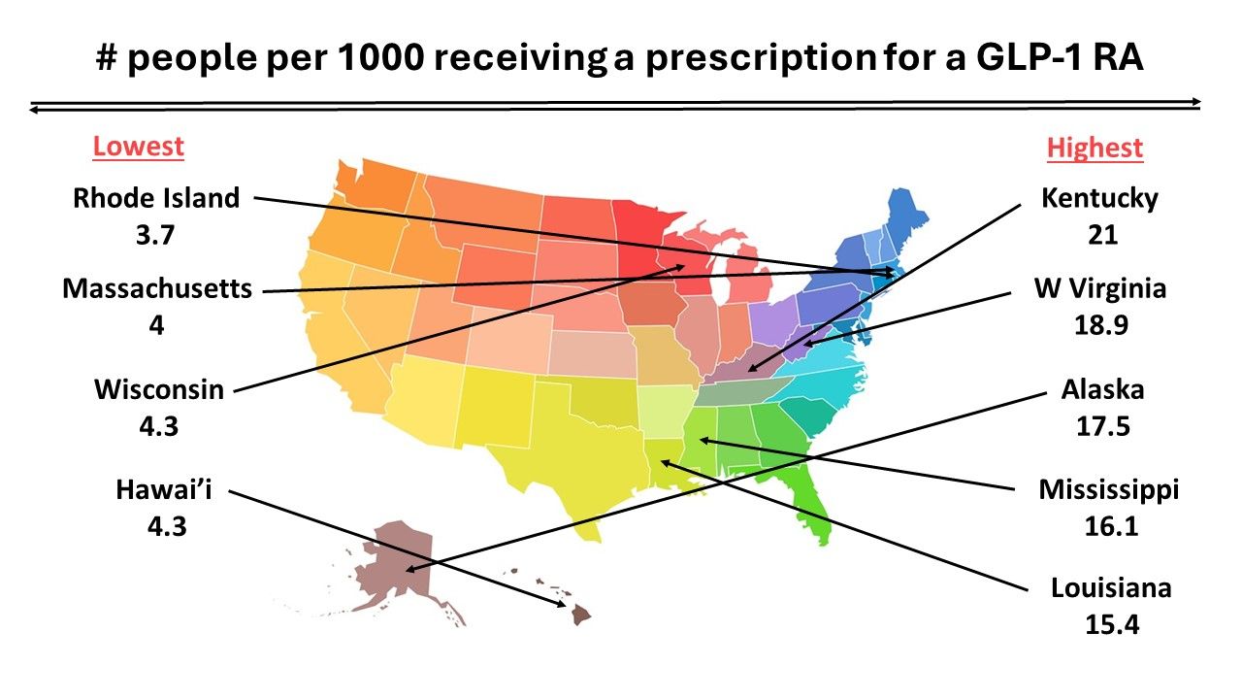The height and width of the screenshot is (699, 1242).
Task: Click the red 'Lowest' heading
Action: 138,147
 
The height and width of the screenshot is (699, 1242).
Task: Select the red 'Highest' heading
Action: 1095,148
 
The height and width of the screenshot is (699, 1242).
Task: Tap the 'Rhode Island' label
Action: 156,198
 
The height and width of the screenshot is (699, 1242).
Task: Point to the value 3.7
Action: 156,234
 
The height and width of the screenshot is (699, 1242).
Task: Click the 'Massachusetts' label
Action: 157,288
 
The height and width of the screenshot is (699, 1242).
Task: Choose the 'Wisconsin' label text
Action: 159,389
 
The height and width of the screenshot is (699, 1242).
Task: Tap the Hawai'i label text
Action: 160,490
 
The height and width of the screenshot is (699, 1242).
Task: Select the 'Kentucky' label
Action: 1099,198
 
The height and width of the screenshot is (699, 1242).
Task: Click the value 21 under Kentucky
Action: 1102,234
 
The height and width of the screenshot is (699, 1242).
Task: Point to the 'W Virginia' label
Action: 1100,288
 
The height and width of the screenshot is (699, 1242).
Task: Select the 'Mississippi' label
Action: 1109,489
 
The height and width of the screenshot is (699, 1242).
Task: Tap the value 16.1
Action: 1110,526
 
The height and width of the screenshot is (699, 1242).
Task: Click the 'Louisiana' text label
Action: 1111,587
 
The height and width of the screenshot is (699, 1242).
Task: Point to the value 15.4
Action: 1111,623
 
